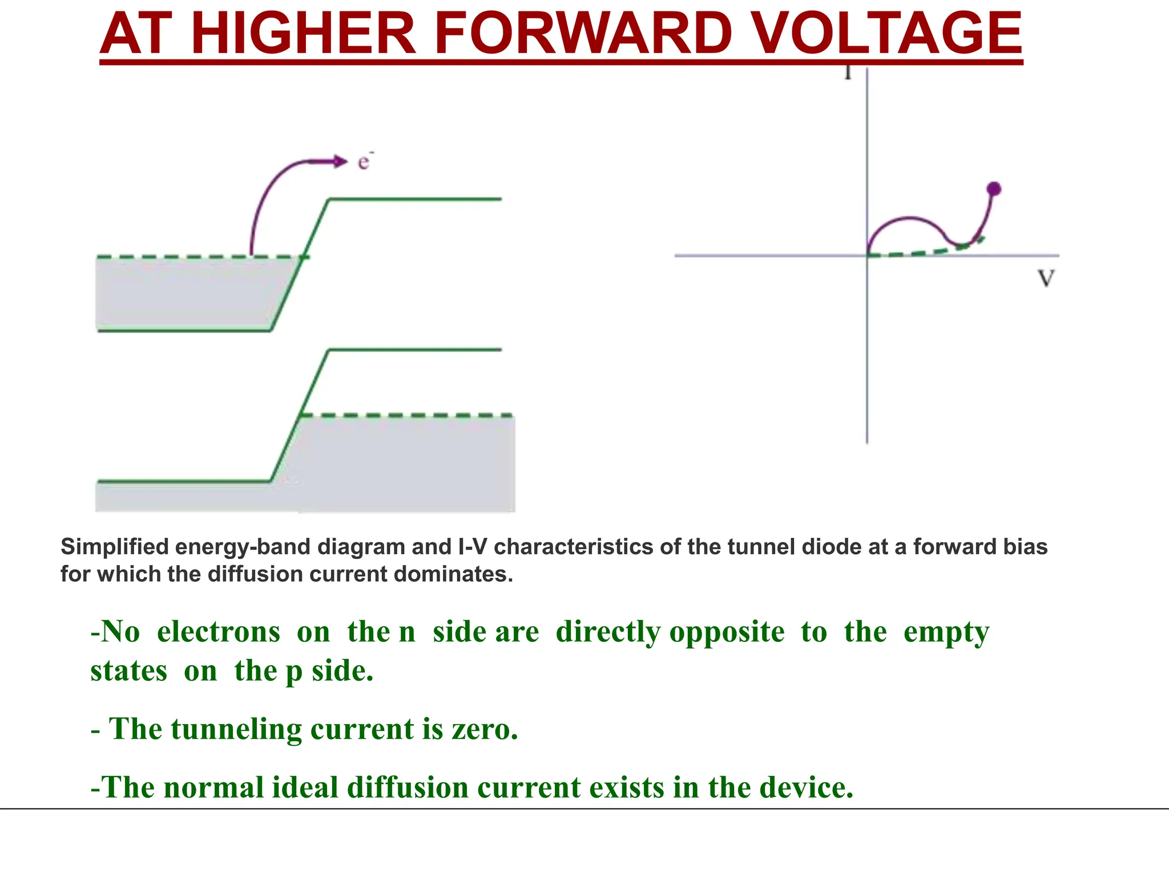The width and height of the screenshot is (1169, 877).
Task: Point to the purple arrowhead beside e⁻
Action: pos(340,162)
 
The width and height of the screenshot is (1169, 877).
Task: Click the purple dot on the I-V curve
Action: pos(994,189)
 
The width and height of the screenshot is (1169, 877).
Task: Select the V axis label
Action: pos(1046,279)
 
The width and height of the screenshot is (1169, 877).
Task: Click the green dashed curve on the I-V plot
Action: pos(925,251)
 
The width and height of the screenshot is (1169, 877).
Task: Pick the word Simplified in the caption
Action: pos(115,547)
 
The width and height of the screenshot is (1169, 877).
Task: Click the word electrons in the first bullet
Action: pos(219,632)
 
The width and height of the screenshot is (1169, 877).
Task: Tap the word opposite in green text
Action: pos(727,632)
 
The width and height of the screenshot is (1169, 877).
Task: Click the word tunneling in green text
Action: pos(236,729)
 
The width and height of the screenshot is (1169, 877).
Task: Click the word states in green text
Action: pos(129,671)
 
